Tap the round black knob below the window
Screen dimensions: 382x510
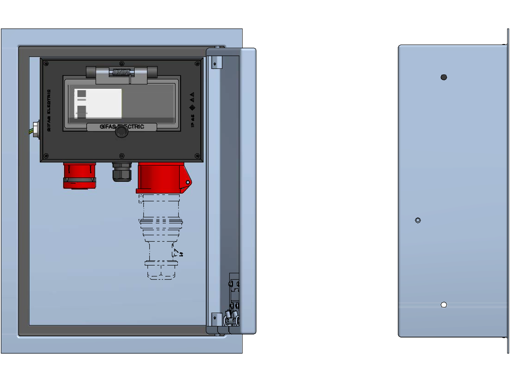point(121,132)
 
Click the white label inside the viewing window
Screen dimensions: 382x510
point(98,103)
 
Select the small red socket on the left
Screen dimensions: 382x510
point(80,175)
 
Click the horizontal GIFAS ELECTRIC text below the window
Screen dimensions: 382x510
point(122,126)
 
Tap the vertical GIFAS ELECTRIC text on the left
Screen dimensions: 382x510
point(49,110)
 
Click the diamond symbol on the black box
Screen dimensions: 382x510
point(192,107)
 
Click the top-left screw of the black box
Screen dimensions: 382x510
point(46,64)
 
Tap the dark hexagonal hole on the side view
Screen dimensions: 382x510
point(444,77)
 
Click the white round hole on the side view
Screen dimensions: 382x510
point(444,304)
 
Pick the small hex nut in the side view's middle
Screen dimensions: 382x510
point(417,220)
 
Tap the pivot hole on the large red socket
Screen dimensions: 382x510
point(187,183)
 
